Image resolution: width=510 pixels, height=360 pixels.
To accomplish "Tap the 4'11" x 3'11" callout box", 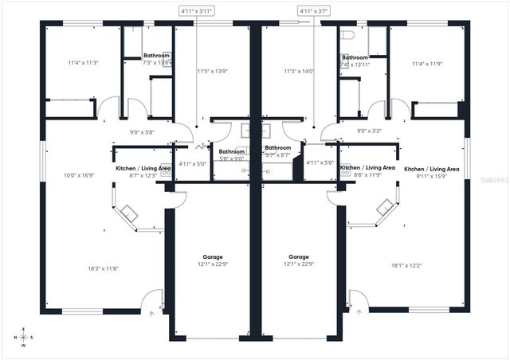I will click(196, 11).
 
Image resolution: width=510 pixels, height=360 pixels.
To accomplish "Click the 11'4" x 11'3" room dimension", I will click(83, 61).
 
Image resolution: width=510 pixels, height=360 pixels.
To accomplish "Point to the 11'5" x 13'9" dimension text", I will click(212, 71).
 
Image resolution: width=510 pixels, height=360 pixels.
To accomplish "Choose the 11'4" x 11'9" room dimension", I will click(426, 65).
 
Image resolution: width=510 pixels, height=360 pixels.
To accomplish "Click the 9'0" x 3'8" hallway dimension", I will click(142, 132).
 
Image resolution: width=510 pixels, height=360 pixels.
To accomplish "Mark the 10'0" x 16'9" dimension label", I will click(80, 175).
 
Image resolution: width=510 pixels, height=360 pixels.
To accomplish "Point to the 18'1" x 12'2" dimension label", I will click(407, 265).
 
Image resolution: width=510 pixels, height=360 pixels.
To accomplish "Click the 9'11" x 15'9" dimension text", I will click(431, 176).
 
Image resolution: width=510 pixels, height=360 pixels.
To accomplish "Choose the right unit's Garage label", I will click(299, 257).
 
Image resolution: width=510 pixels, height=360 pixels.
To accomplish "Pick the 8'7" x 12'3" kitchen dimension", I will click(143, 175).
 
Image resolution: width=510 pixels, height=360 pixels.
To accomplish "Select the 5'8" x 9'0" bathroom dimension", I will click(231, 158).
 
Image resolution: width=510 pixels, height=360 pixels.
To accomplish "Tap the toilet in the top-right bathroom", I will click(347, 36).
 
